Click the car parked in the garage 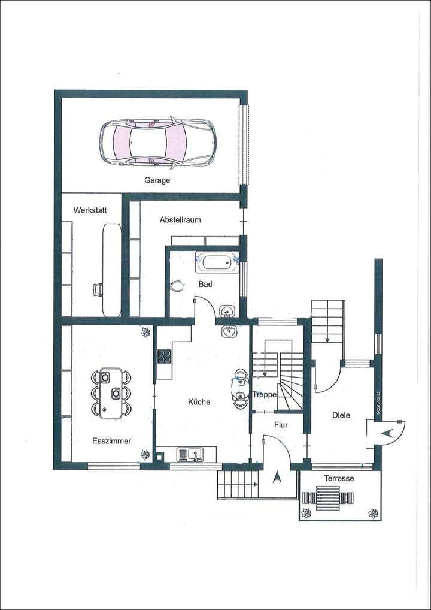point(157,143)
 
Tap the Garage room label point(157,180)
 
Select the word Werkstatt point(89,210)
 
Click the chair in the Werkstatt point(98,290)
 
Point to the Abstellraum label point(180,220)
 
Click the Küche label point(199,402)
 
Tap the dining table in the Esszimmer point(111,392)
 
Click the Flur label point(281,424)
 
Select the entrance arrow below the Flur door point(277,478)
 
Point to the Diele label point(341,415)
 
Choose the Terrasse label point(339,479)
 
